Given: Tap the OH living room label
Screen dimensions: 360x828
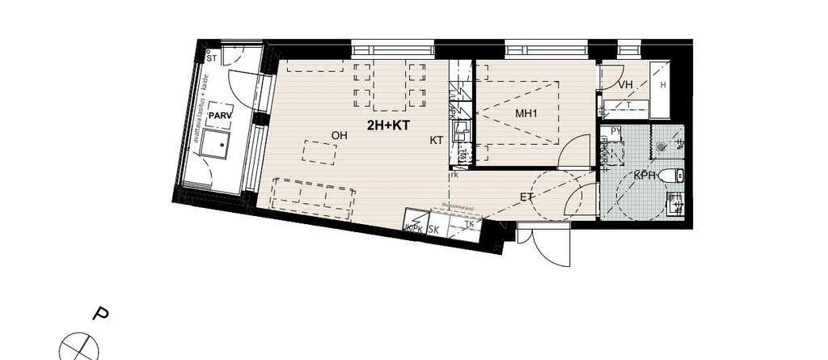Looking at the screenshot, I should (x=340, y=135).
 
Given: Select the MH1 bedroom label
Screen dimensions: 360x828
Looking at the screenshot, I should (x=526, y=113).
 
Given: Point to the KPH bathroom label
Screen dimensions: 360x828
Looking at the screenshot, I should (x=644, y=175).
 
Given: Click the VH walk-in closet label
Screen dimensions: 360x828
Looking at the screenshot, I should (x=624, y=85).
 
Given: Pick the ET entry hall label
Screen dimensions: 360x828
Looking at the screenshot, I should (x=527, y=197).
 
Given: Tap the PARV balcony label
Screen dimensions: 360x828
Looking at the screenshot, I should (x=220, y=116).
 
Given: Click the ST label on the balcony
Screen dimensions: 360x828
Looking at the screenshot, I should (x=211, y=59).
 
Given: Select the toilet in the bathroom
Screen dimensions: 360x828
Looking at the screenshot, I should (x=670, y=175).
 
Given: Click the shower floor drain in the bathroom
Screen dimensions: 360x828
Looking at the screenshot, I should (x=661, y=147).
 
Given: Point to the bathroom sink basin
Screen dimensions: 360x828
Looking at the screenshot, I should (x=674, y=203).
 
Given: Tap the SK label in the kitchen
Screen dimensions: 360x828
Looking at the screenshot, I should (x=433, y=229).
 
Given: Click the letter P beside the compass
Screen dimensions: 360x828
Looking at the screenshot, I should (x=101, y=313).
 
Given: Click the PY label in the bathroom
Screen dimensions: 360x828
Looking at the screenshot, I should (x=615, y=130).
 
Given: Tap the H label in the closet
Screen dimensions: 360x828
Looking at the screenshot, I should (x=663, y=85).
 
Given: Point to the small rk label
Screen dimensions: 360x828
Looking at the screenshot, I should (x=455, y=174).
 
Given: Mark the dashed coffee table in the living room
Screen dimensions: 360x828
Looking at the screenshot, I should (x=320, y=152).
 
